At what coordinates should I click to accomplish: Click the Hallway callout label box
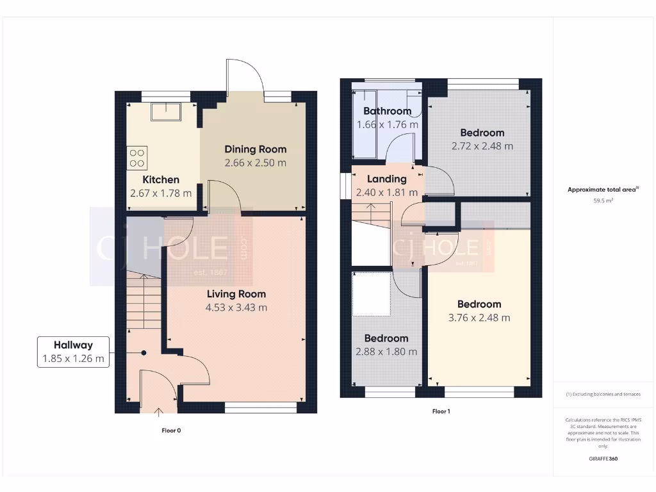click(x=73, y=352)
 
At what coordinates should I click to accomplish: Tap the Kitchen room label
click(x=161, y=179)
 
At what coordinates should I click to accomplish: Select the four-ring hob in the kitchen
click(x=138, y=158)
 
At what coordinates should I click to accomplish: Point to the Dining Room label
click(x=255, y=149)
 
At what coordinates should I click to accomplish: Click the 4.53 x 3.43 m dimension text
click(x=236, y=307)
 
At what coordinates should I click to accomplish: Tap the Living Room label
click(x=236, y=294)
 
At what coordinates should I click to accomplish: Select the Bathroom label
click(x=387, y=111)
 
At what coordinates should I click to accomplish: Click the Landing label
click(x=387, y=179)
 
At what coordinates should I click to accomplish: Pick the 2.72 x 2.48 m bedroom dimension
click(x=482, y=146)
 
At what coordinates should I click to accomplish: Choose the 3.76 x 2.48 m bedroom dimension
click(x=479, y=318)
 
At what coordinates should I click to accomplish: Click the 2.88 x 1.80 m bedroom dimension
click(x=386, y=352)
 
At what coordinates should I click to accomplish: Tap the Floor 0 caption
click(x=171, y=430)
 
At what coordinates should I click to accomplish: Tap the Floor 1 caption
click(x=441, y=411)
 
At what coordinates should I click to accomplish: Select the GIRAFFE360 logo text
click(x=603, y=459)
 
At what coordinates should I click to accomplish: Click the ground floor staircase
click(x=143, y=301)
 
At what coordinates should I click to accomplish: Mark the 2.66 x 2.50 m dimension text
click(x=255, y=163)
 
